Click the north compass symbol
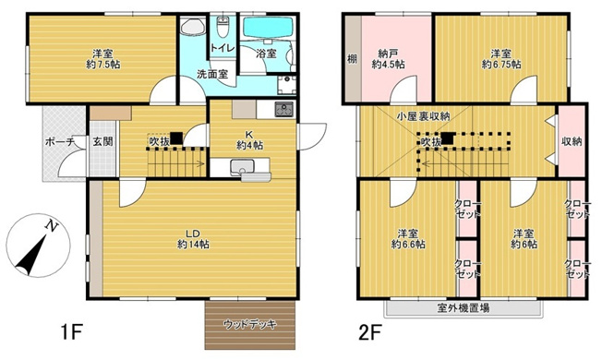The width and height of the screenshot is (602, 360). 35,246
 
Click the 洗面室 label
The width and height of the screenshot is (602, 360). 212,75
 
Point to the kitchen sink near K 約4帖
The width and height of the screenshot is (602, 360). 244,167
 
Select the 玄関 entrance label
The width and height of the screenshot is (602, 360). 102,142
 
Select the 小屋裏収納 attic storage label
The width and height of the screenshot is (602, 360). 423,116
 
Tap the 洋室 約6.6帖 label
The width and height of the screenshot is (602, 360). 407,237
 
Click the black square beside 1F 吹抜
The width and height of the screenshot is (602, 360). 175,139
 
